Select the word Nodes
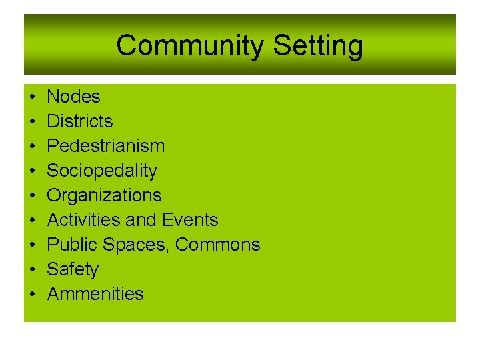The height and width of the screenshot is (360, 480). tap(73, 97)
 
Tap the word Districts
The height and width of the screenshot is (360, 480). tap(80, 121)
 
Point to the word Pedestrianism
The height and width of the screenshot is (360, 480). tap(106, 146)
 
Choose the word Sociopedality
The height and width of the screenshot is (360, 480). tap(102, 171)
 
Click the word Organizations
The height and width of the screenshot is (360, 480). tap(104, 195)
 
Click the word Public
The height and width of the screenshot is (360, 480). tap(73, 245)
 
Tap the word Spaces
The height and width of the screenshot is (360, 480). tap(138, 245)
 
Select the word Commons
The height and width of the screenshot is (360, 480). tap(218, 245)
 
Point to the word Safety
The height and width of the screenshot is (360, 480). tap(73, 269)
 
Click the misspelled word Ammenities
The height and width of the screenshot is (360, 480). tap(95, 294)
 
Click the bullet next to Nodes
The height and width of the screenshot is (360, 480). tap(33, 97)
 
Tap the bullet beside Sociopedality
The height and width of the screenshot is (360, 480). tap(33, 171)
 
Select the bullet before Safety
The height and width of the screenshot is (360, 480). tap(33, 270)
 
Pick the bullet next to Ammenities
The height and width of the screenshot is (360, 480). tap(33, 295)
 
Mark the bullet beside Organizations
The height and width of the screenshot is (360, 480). tap(33, 196)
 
